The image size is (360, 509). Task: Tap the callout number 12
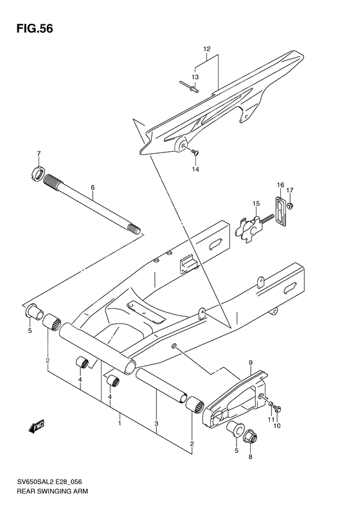click(207, 49)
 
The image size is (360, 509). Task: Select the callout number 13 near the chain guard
click(195, 77)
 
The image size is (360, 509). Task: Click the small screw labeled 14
click(195, 153)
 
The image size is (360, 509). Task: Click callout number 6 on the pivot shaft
click(93, 189)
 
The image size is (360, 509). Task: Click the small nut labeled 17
click(291, 207)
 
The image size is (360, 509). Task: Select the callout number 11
click(270, 420)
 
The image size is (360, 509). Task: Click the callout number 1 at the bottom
click(120, 423)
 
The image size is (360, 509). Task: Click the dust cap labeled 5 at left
click(30, 313)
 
